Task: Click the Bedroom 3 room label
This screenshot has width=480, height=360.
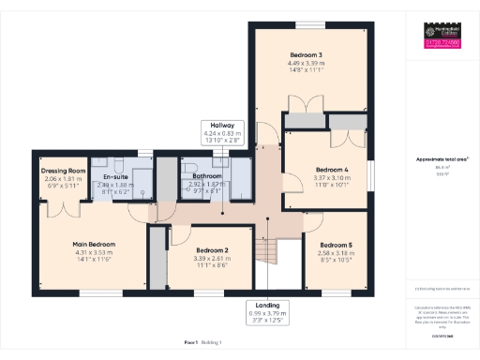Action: tap(300, 55)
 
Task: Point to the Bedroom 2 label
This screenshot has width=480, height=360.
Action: tap(213, 250)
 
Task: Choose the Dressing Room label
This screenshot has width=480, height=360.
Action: tap(64, 172)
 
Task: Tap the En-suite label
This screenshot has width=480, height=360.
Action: tap(115, 176)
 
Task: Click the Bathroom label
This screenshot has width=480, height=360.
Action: tap(206, 175)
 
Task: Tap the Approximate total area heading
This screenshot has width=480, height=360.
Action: tap(442, 159)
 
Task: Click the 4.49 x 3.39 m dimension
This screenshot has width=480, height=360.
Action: tap(300, 64)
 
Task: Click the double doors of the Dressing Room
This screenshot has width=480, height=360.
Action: tap(63, 208)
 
